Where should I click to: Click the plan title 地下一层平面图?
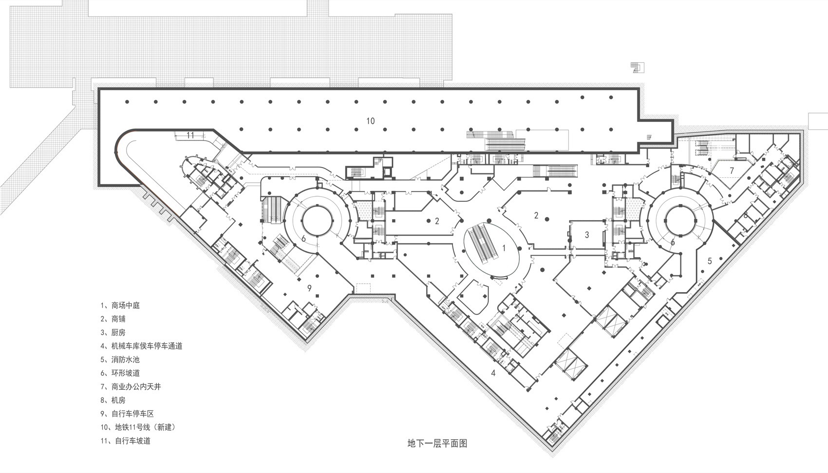437,443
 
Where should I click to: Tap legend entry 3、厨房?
113,332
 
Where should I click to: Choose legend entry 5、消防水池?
120,359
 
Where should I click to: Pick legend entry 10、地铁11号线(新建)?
137,427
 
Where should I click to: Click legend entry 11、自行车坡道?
126,441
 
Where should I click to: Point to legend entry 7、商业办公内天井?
130,387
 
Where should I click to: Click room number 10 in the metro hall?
371,121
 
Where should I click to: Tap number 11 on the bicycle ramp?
190,135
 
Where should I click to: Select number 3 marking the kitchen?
587,235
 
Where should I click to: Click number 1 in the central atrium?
504,247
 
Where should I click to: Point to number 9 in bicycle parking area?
309,288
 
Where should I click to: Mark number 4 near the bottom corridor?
493,374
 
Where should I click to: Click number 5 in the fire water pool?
710,261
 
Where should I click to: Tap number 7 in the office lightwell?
732,170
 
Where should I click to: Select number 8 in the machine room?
745,215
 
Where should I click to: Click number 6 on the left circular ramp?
303,238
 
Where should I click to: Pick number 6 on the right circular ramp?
673,242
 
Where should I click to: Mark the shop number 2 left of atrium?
437,221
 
